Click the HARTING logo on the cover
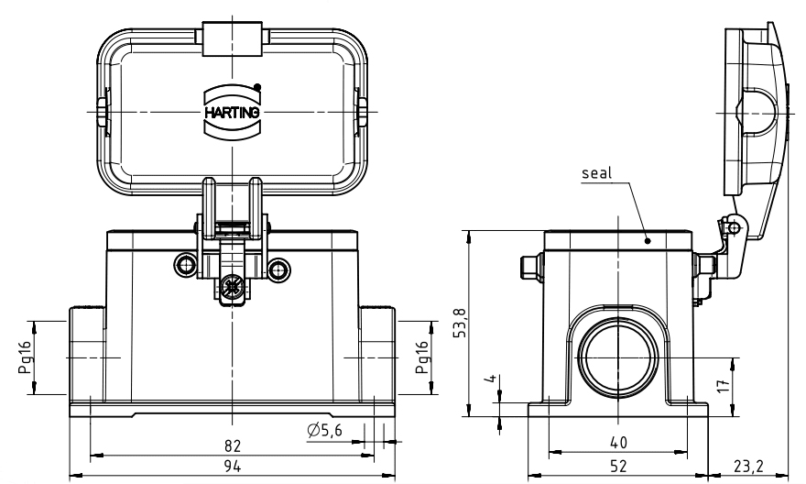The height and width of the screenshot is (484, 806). [233, 111]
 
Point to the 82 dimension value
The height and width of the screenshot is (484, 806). [233, 445]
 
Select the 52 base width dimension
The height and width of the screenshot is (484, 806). [618, 467]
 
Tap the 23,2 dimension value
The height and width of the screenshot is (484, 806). [753, 467]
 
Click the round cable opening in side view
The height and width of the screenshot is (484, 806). [618, 356]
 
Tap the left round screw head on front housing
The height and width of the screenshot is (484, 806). [187, 267]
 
